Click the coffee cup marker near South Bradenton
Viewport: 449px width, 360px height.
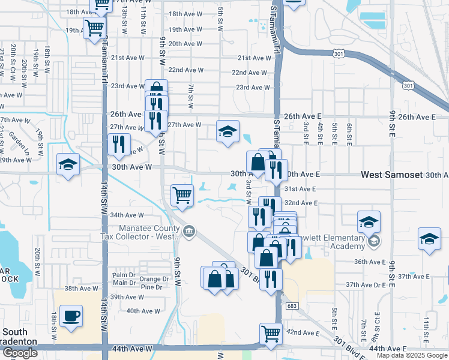(x=71, y=316)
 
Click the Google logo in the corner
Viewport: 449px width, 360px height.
(x=20, y=353)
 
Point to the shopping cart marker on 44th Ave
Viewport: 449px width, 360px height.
(x=271, y=333)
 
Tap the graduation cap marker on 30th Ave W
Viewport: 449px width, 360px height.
(x=68, y=164)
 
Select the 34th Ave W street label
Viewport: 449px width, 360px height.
(x=127, y=215)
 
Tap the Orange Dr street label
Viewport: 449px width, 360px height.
(x=154, y=279)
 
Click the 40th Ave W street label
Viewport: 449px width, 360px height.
(x=143, y=311)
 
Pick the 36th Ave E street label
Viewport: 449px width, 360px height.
(x=370, y=262)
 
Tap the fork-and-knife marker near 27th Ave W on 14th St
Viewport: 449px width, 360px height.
(x=118, y=144)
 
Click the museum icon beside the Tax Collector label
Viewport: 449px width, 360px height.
(x=188, y=230)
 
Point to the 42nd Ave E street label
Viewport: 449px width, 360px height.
(x=303, y=332)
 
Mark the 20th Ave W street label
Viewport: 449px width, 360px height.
(x=184, y=44)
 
